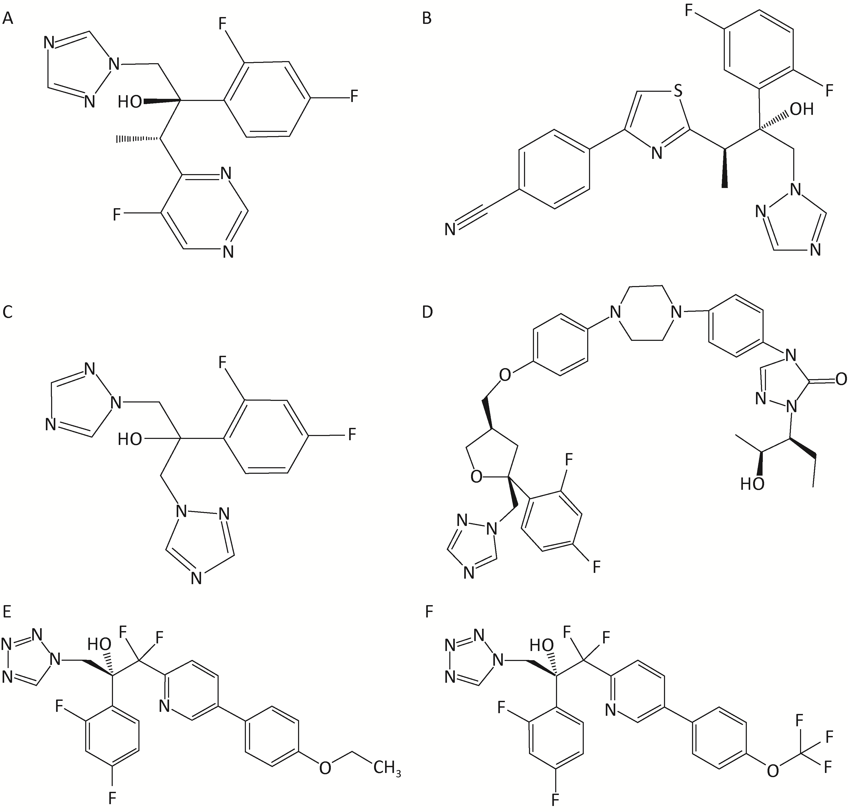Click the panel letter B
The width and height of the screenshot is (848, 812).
click(426, 19)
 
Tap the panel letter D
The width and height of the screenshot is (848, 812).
click(427, 312)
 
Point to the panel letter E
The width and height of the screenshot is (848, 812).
click(7, 612)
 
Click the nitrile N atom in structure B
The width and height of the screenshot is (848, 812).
click(450, 229)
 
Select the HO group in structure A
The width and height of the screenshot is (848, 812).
click(130, 102)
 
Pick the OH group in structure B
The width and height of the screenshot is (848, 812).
click(802, 109)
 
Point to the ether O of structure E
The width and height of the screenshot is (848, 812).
click(325, 768)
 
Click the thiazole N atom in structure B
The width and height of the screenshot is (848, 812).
click(657, 153)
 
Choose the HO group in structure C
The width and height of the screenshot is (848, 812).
click(130, 440)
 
